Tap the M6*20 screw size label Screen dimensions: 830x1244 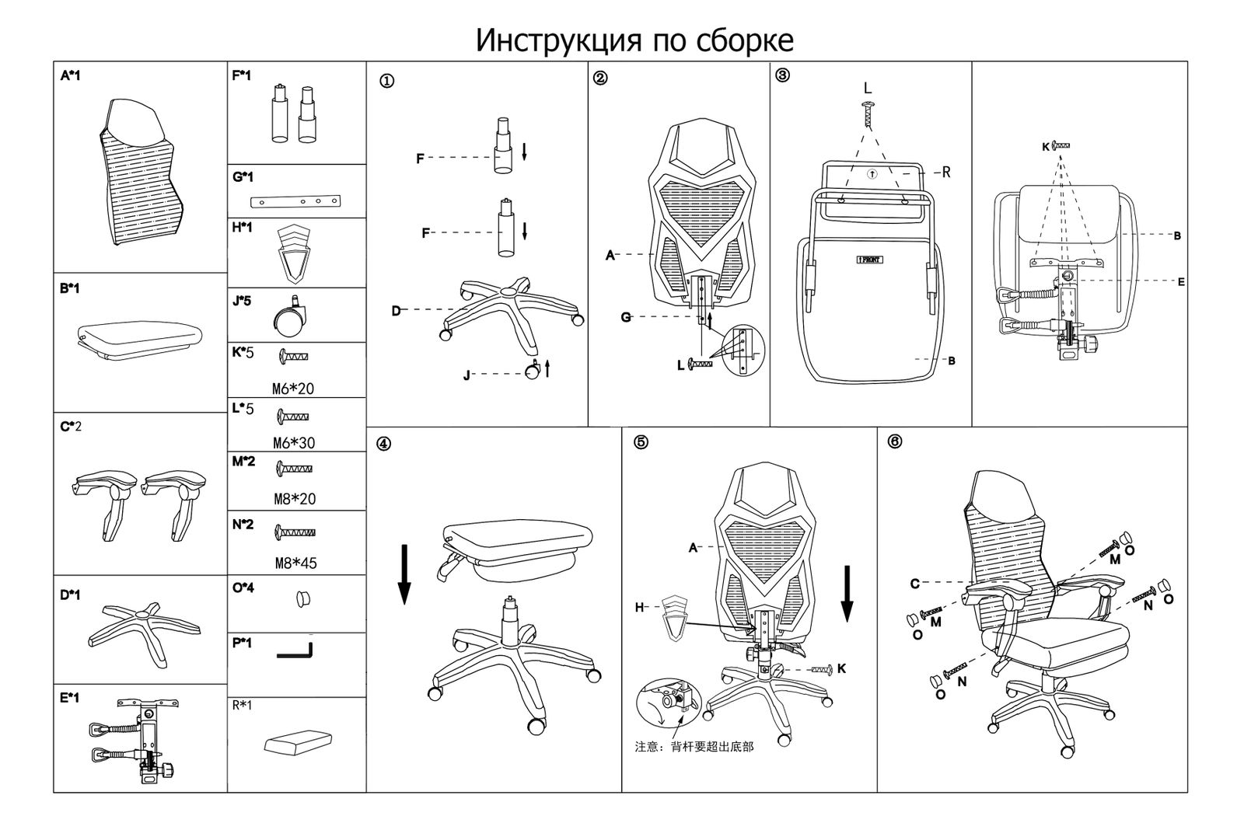(x=293, y=389)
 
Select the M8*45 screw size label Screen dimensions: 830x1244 (x=295, y=563)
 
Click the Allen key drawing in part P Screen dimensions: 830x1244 (x=295, y=652)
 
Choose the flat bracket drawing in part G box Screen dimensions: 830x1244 (x=296, y=202)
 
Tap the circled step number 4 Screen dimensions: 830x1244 (x=383, y=444)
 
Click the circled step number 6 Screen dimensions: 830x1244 (x=894, y=441)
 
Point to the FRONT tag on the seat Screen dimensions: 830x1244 (x=869, y=260)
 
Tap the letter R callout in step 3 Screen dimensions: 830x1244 (x=946, y=173)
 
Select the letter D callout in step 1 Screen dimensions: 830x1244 (x=397, y=311)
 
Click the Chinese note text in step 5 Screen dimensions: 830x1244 (x=694, y=747)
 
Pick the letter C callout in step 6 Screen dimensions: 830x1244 (x=915, y=583)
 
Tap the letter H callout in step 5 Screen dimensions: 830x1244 (x=639, y=608)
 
